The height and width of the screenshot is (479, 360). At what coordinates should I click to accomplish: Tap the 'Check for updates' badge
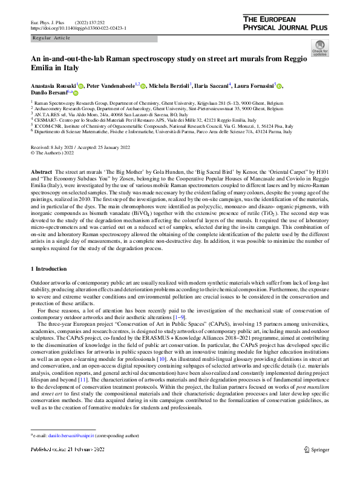[319, 48]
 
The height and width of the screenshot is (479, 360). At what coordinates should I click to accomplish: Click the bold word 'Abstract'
[41, 173]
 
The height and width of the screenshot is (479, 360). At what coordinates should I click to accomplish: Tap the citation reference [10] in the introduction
[177, 358]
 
